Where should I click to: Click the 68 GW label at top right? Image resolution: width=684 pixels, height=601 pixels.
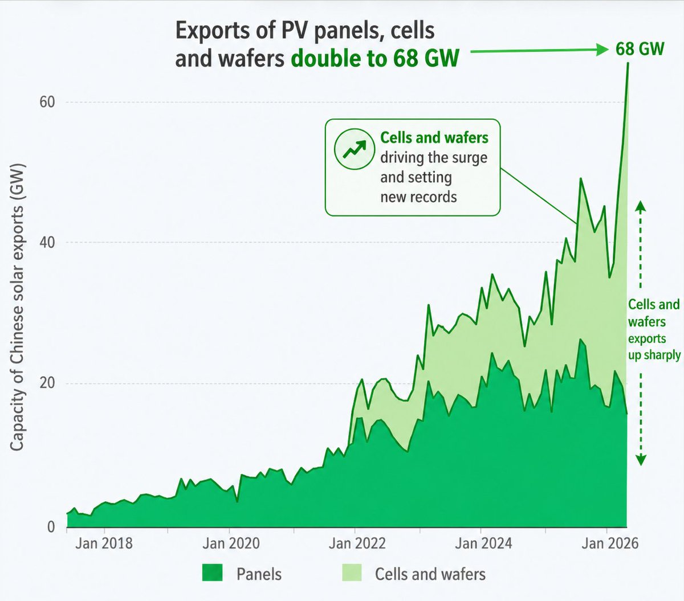click(640, 49)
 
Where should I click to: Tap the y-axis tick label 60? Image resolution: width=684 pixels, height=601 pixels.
click(47, 103)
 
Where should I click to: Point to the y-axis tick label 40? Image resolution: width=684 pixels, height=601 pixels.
click(47, 243)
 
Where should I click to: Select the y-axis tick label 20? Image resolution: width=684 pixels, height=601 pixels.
click(47, 383)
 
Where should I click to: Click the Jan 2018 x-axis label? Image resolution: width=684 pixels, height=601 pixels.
click(104, 543)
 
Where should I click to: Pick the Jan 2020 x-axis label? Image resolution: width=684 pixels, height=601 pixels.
click(231, 543)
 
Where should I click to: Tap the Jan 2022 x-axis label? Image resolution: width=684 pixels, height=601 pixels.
click(357, 543)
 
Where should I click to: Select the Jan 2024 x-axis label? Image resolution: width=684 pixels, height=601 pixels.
click(483, 543)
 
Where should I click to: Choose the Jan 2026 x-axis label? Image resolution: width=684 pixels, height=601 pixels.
click(610, 543)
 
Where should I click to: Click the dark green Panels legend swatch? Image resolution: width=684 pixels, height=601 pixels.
click(212, 573)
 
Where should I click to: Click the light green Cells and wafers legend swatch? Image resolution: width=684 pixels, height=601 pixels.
click(352, 573)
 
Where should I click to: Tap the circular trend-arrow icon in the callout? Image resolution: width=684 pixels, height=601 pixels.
click(353, 149)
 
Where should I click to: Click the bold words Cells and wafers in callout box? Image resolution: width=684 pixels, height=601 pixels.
click(434, 138)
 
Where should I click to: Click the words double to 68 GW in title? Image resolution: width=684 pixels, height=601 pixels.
click(374, 59)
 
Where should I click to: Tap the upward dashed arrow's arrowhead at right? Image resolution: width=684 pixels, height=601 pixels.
click(640, 206)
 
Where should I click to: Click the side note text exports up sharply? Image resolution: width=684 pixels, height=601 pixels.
click(654, 346)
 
